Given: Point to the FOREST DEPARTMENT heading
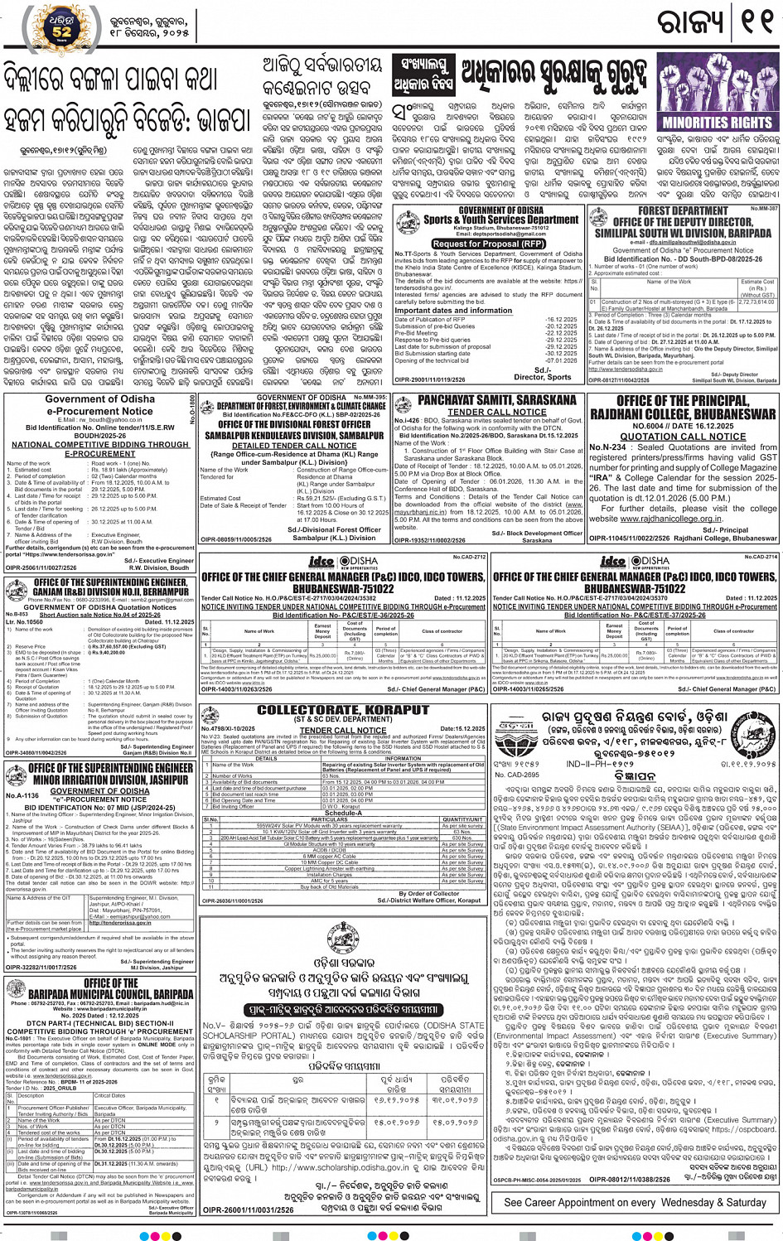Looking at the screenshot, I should pos(683,211).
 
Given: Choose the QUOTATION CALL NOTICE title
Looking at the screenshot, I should pos(683,437).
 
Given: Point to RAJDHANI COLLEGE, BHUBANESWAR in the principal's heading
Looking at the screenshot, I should pos(683,413).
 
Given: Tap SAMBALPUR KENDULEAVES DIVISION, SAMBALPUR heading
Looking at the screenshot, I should pos(294,435).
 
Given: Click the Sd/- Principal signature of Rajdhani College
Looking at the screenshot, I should pos(723,529).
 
